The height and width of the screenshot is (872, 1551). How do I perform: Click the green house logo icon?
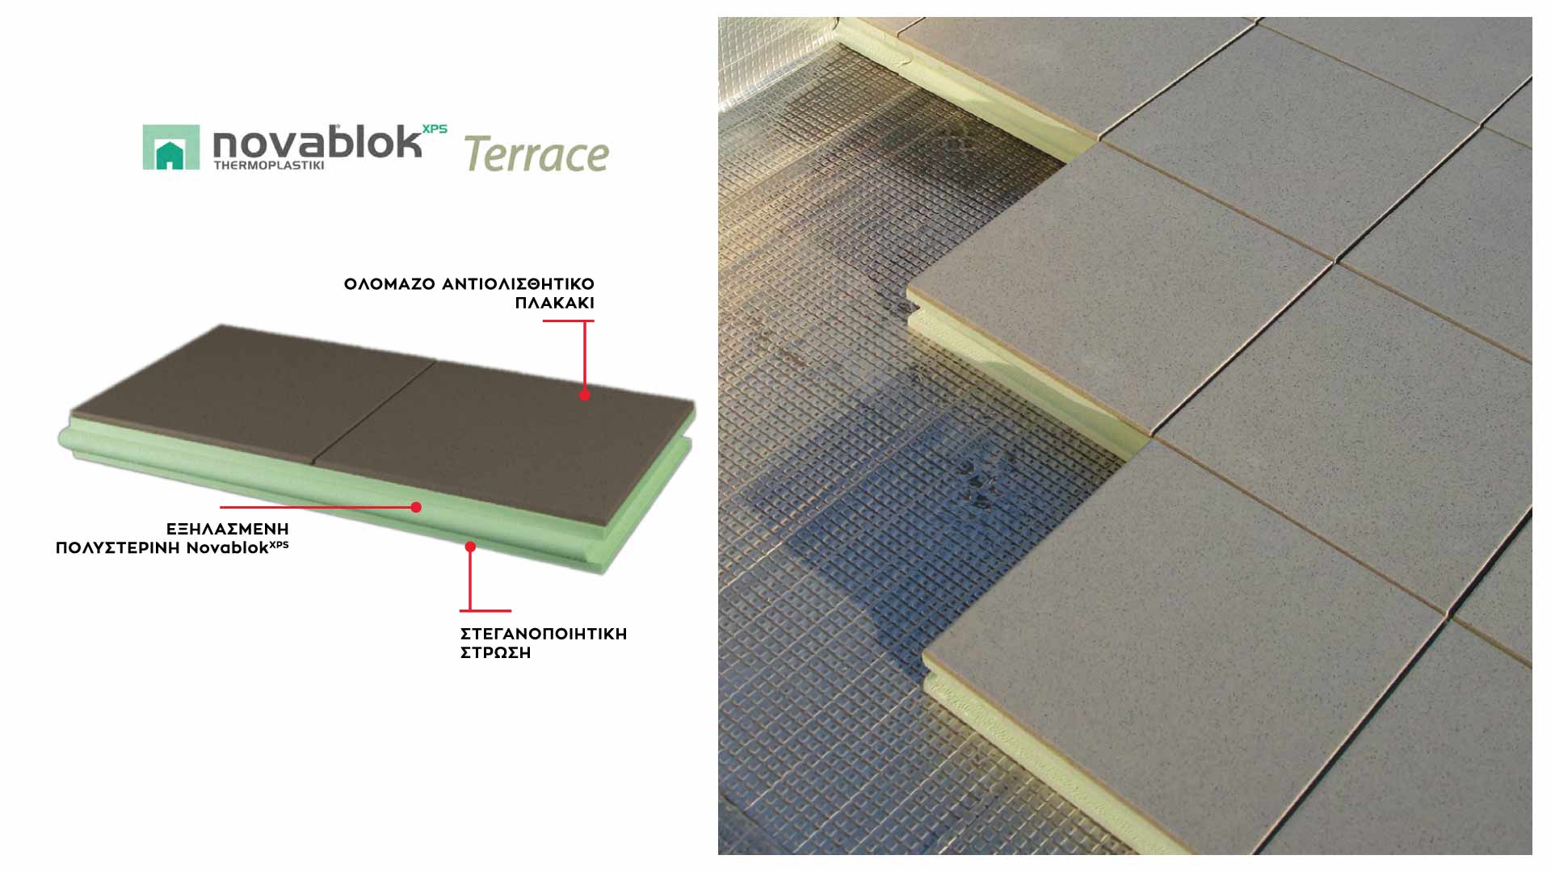pyautogui.click(x=170, y=147)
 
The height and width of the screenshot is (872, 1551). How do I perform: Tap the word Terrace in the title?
pyautogui.click(x=536, y=154)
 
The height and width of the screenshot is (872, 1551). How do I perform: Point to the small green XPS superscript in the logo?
pyautogui.click(x=435, y=129)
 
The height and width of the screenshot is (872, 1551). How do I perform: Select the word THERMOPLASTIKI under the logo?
pyautogui.click(x=269, y=166)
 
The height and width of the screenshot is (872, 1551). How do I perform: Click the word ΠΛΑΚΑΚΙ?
pyautogui.click(x=555, y=304)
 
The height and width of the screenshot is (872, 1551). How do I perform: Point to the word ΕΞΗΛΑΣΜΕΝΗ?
pyautogui.click(x=228, y=529)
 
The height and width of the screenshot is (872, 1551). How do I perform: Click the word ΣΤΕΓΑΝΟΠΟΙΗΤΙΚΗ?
pyautogui.click(x=544, y=634)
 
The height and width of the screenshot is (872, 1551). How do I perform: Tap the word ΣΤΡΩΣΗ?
pyautogui.click(x=496, y=653)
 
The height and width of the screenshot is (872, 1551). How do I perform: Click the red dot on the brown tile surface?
pyautogui.click(x=585, y=395)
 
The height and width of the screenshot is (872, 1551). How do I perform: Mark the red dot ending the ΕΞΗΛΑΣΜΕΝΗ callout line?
pyautogui.click(x=416, y=507)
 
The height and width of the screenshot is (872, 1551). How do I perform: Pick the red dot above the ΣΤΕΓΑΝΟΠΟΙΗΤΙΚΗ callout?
pyautogui.click(x=470, y=547)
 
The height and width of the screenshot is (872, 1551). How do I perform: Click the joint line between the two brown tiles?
pyautogui.click(x=374, y=412)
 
